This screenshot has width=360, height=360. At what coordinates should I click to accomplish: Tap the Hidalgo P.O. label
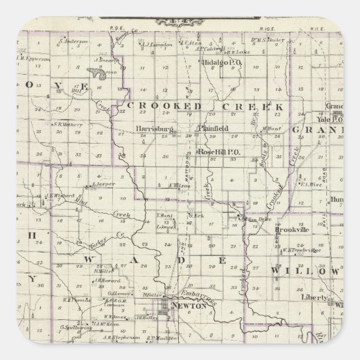221,63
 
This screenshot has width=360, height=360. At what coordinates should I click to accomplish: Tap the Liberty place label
314,299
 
